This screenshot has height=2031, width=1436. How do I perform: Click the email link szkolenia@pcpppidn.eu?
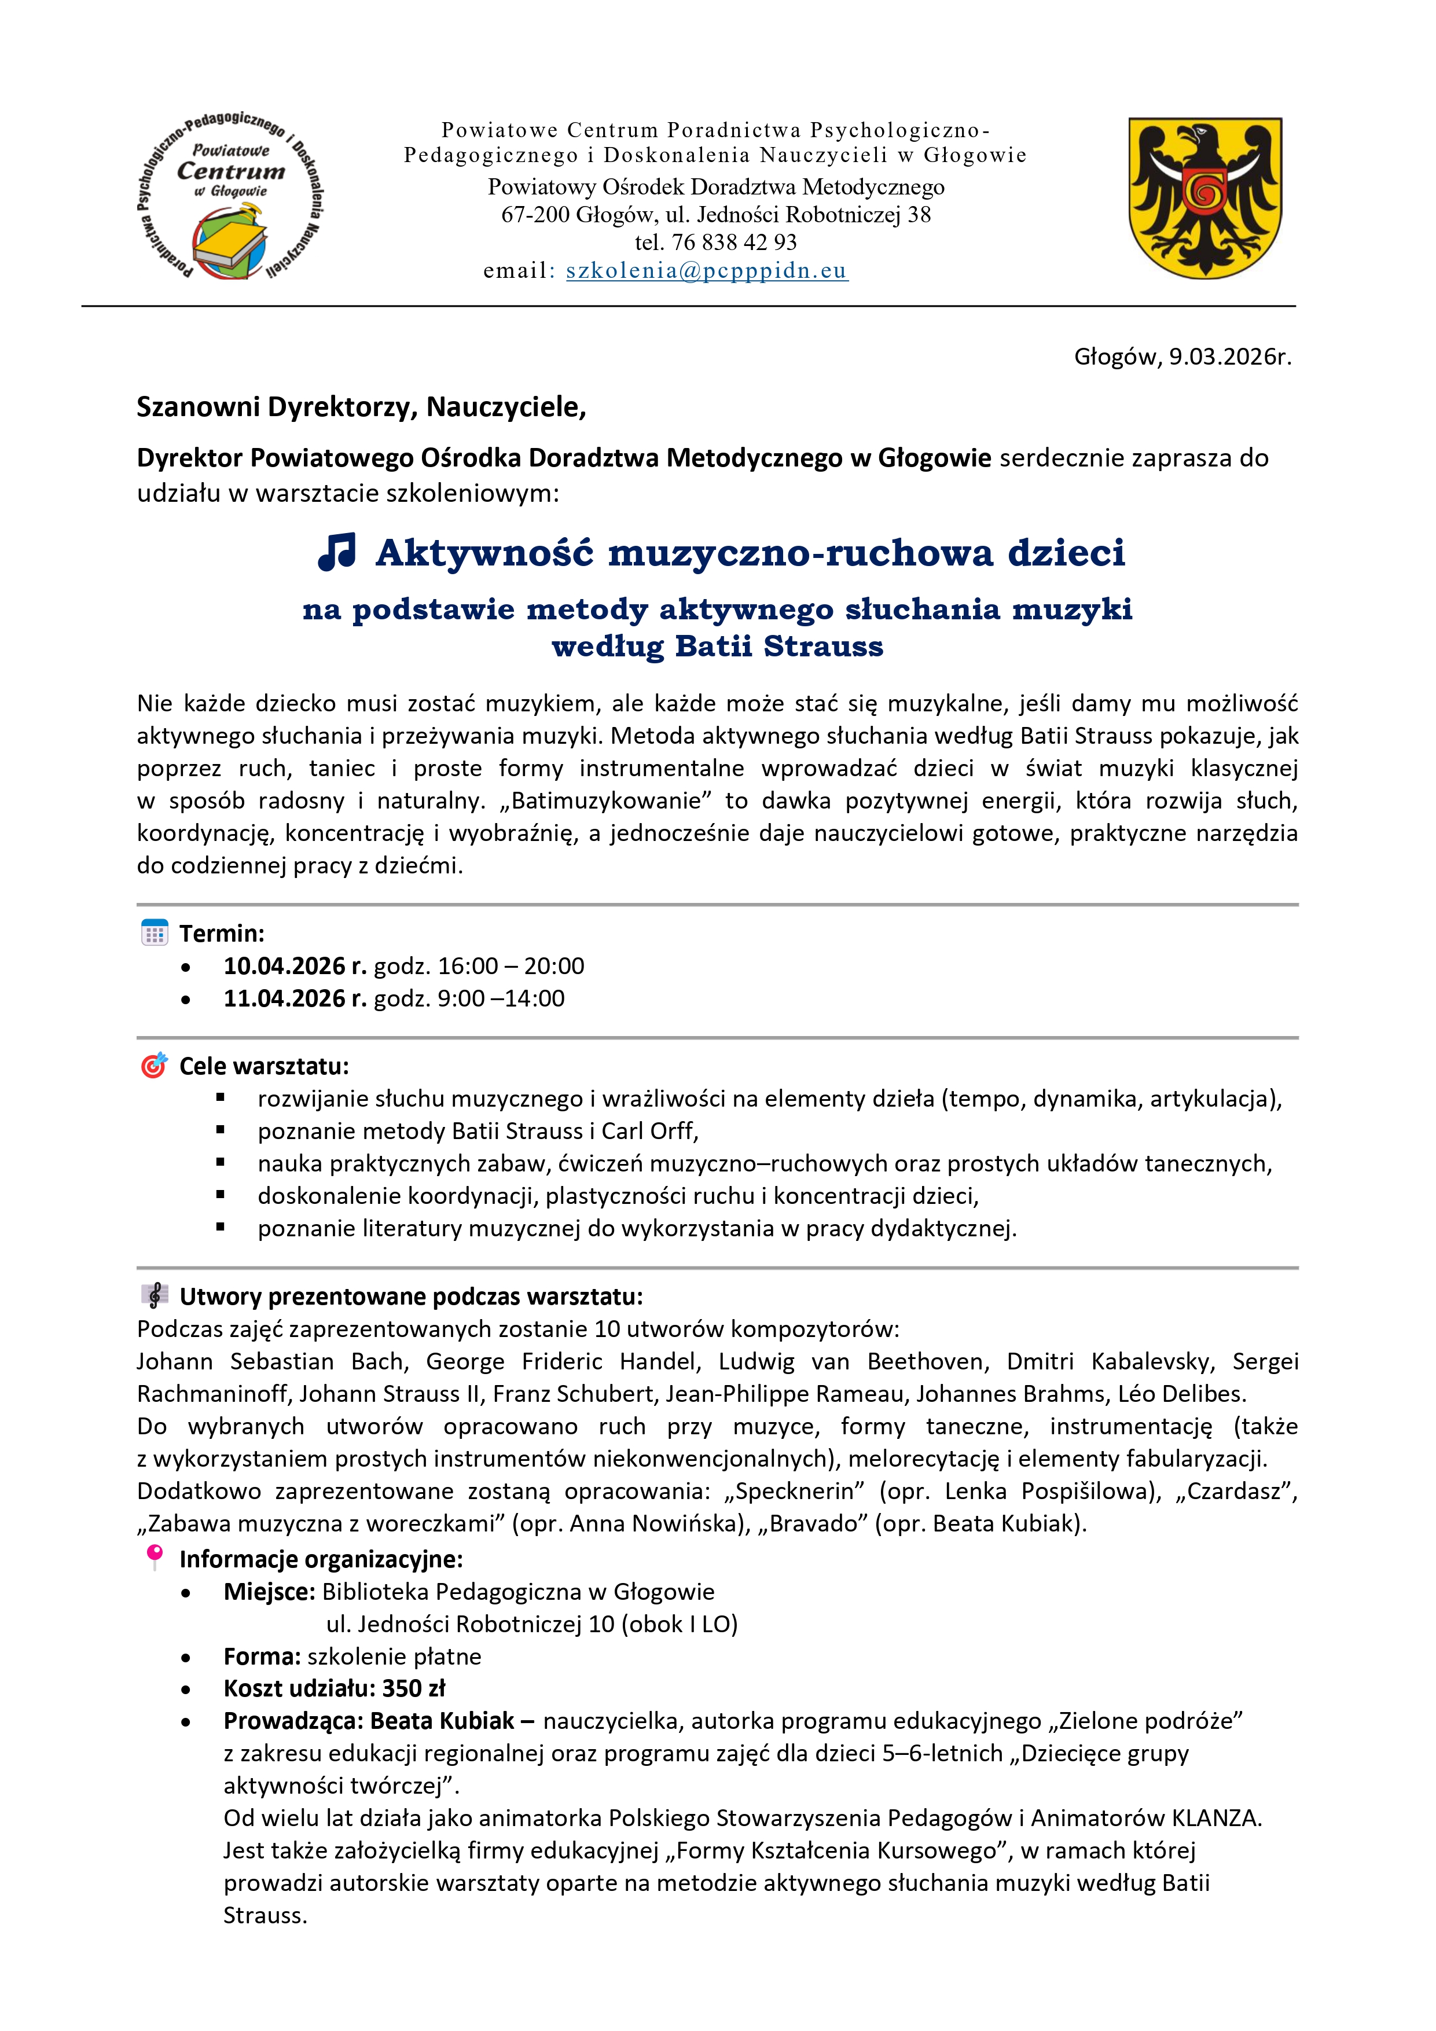pyautogui.click(x=707, y=271)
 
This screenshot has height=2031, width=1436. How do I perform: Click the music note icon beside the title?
pyautogui.click(x=337, y=552)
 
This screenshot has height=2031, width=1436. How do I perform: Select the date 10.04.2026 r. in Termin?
pyautogui.click(x=295, y=966)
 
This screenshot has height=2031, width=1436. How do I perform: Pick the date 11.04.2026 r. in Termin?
pyautogui.click(x=295, y=998)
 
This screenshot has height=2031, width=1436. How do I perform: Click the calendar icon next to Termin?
pyautogui.click(x=155, y=933)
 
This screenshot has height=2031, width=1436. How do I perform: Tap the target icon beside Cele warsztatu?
pyautogui.click(x=154, y=1066)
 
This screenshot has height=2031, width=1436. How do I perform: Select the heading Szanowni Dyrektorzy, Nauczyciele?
pyautogui.click(x=361, y=407)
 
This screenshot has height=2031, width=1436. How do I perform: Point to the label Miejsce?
pyautogui.click(x=269, y=1592)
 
